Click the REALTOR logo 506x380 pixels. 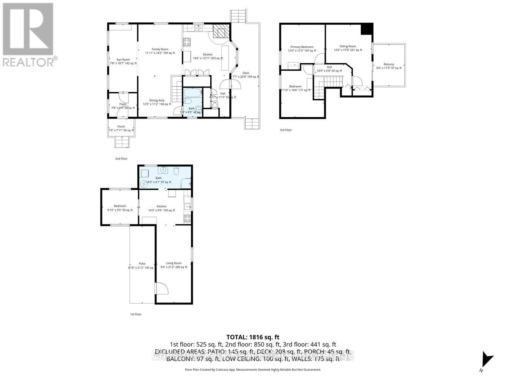[29, 35]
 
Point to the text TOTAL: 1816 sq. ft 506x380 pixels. [253, 337]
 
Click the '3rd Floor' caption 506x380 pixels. [286, 130]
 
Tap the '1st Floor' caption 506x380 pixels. [135, 314]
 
